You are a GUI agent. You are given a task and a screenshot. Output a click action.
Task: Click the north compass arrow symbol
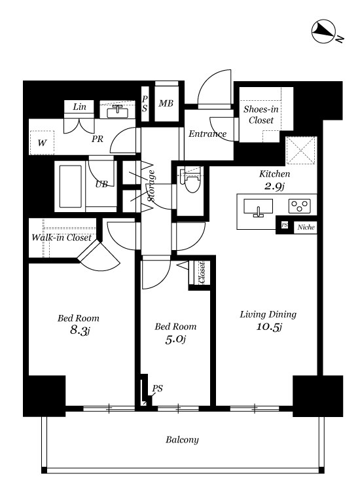[323, 30]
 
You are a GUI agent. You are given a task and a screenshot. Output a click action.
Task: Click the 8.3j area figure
[78, 331]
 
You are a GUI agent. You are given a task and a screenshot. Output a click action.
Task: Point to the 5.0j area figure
[175, 338]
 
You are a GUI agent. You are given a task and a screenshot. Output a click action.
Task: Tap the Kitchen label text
[274, 174]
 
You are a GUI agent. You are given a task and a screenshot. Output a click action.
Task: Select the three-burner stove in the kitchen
[300, 207]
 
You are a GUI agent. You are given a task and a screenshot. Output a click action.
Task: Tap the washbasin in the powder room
[118, 111]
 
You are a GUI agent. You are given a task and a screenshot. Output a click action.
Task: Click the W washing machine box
[42, 142]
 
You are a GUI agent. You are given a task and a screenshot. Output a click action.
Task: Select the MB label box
[166, 104]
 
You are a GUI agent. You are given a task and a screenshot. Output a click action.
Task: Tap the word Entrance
[207, 134]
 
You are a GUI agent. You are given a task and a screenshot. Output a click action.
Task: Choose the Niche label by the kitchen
[305, 227]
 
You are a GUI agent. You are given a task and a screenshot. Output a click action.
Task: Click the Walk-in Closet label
[62, 238]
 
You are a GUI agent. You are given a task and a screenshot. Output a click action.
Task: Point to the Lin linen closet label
[80, 107]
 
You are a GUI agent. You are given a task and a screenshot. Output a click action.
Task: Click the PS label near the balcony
[157, 388]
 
